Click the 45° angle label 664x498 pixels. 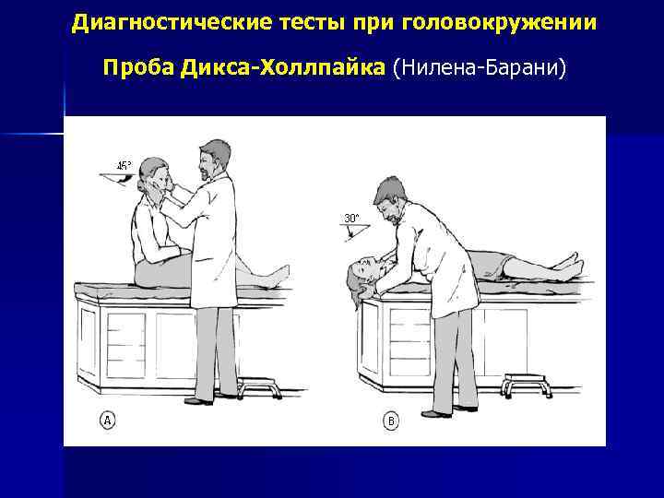124,166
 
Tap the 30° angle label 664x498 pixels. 351,219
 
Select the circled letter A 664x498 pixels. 108,421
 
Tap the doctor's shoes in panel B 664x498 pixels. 452,405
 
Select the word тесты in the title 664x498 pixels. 301,20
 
